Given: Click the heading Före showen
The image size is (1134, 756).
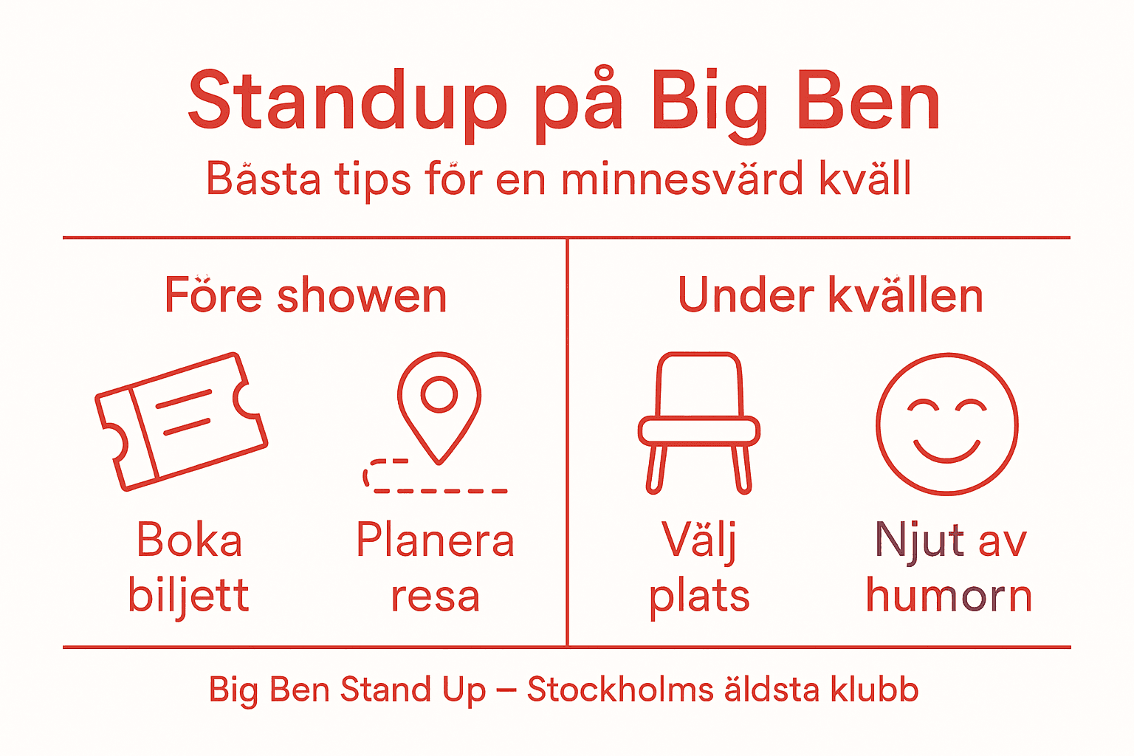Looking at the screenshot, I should click(x=306, y=295).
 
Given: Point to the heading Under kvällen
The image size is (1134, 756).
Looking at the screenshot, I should click(x=831, y=295).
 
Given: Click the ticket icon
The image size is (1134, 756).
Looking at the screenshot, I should click(x=182, y=422).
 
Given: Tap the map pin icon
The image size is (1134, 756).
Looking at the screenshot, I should click(x=439, y=406).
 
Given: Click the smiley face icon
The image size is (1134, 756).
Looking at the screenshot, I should click(x=947, y=424).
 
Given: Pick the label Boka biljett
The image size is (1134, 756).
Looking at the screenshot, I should click(x=189, y=567).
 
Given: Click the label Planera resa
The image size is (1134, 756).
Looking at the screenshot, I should click(x=435, y=567).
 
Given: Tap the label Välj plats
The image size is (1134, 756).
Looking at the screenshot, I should click(x=699, y=567).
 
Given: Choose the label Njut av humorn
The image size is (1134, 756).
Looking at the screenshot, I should click(x=949, y=567).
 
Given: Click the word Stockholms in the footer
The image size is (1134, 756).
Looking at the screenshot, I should click(x=620, y=690).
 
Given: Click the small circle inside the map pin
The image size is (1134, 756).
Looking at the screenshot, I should click(x=439, y=394).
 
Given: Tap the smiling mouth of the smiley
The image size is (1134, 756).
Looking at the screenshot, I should click(x=947, y=451).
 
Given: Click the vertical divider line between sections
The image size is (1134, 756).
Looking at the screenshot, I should click(x=567, y=443).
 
